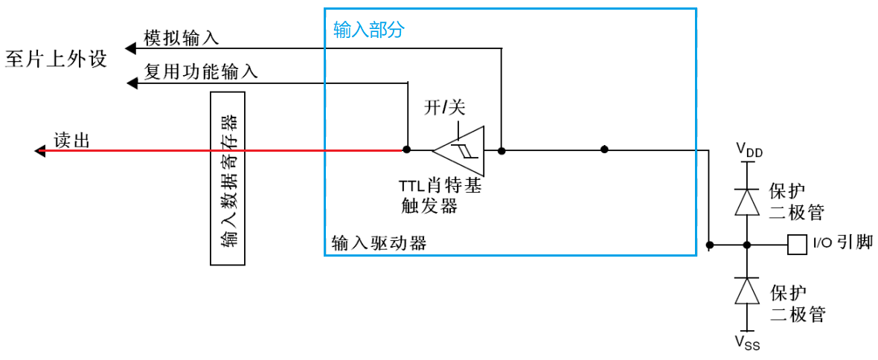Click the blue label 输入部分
click(x=369, y=30)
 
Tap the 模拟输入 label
click(x=182, y=38)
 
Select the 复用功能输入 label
click(x=201, y=71)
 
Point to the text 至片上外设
click(x=56, y=59)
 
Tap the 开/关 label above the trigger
click(x=444, y=108)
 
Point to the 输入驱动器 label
click(x=379, y=243)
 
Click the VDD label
click(x=749, y=151)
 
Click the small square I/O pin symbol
click(x=796, y=244)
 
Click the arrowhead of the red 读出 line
click(x=41, y=151)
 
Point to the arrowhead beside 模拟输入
click(x=131, y=48)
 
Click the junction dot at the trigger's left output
click(x=406, y=150)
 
